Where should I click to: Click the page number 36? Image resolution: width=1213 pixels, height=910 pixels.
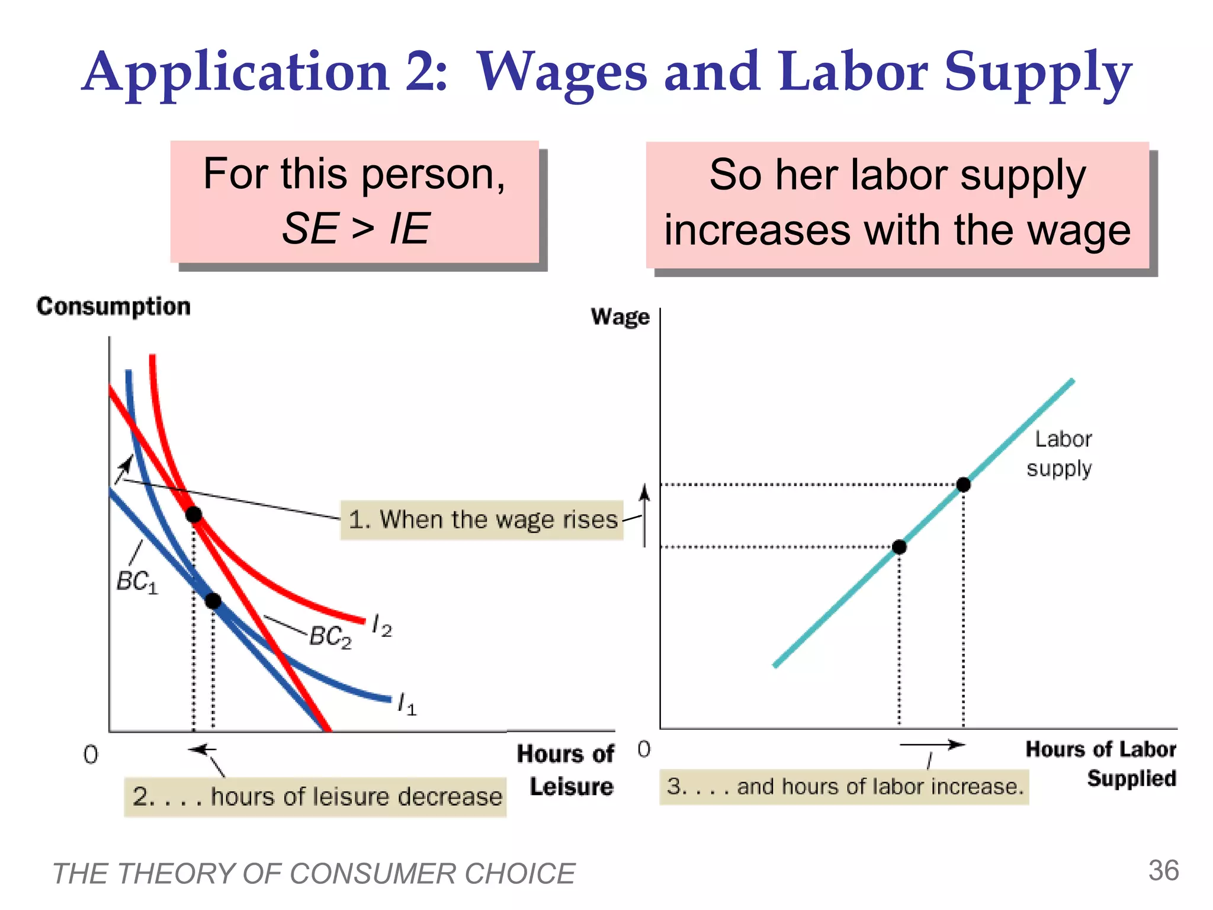pyautogui.click(x=1163, y=871)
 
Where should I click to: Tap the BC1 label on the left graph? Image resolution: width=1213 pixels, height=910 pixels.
pyautogui.click(x=137, y=582)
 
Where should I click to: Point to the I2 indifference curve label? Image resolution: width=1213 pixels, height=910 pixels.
pyautogui.click(x=381, y=626)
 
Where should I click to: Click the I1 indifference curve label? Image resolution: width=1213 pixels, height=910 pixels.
pyautogui.click(x=407, y=704)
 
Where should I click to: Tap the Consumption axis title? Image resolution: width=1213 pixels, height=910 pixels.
pyautogui.click(x=114, y=306)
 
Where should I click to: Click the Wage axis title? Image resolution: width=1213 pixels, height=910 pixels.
pyautogui.click(x=620, y=317)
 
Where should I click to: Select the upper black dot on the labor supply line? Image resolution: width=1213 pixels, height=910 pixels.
pyautogui.click(x=964, y=485)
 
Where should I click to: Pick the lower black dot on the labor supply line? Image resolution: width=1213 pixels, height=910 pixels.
pyautogui.click(x=899, y=547)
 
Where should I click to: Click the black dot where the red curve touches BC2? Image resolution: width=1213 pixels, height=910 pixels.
pyautogui.click(x=194, y=514)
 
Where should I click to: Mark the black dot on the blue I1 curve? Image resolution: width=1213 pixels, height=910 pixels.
pyautogui.click(x=213, y=601)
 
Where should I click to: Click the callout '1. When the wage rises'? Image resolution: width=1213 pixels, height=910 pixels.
pyautogui.click(x=482, y=520)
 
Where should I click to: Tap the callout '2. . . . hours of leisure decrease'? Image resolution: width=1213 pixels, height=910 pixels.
pyautogui.click(x=316, y=797)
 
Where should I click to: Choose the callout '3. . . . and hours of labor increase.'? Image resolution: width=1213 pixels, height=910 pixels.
pyautogui.click(x=844, y=787)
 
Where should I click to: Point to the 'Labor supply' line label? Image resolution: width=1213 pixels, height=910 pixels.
pyautogui.click(x=1060, y=454)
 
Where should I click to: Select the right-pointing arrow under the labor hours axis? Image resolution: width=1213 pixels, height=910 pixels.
pyautogui.click(x=932, y=745)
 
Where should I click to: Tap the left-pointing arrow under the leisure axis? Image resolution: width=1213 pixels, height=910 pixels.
pyautogui.click(x=202, y=750)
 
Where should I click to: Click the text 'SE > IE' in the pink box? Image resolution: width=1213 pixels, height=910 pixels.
pyautogui.click(x=355, y=229)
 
